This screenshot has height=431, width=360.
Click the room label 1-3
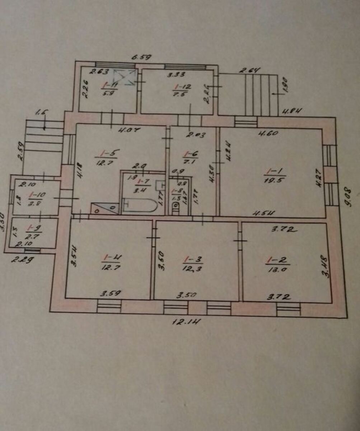point(190,259)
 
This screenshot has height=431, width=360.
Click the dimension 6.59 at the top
point(142,57)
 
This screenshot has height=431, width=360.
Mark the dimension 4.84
point(291,111)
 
